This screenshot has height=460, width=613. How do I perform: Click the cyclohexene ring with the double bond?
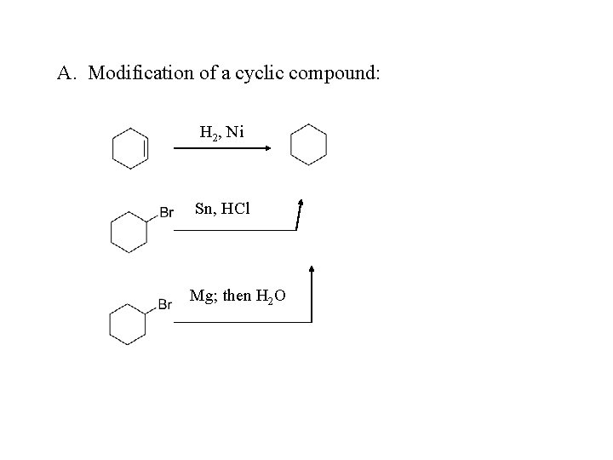tap(130, 148)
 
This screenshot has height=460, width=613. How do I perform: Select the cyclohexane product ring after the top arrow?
tap(308, 144)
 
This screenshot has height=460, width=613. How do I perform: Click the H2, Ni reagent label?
tap(221, 132)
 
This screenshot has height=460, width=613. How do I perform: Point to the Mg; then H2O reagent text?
tap(238, 296)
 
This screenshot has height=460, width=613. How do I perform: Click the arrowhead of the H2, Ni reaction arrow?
tap(266, 148)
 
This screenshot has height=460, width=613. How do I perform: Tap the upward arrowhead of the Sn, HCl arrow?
tap(301, 204)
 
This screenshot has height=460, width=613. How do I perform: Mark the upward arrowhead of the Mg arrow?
tap(312, 270)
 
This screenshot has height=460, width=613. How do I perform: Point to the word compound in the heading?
tap(335, 73)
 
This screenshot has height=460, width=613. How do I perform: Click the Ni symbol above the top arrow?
tap(235, 132)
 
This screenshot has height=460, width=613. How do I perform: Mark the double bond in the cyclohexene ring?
tap(146, 148)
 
